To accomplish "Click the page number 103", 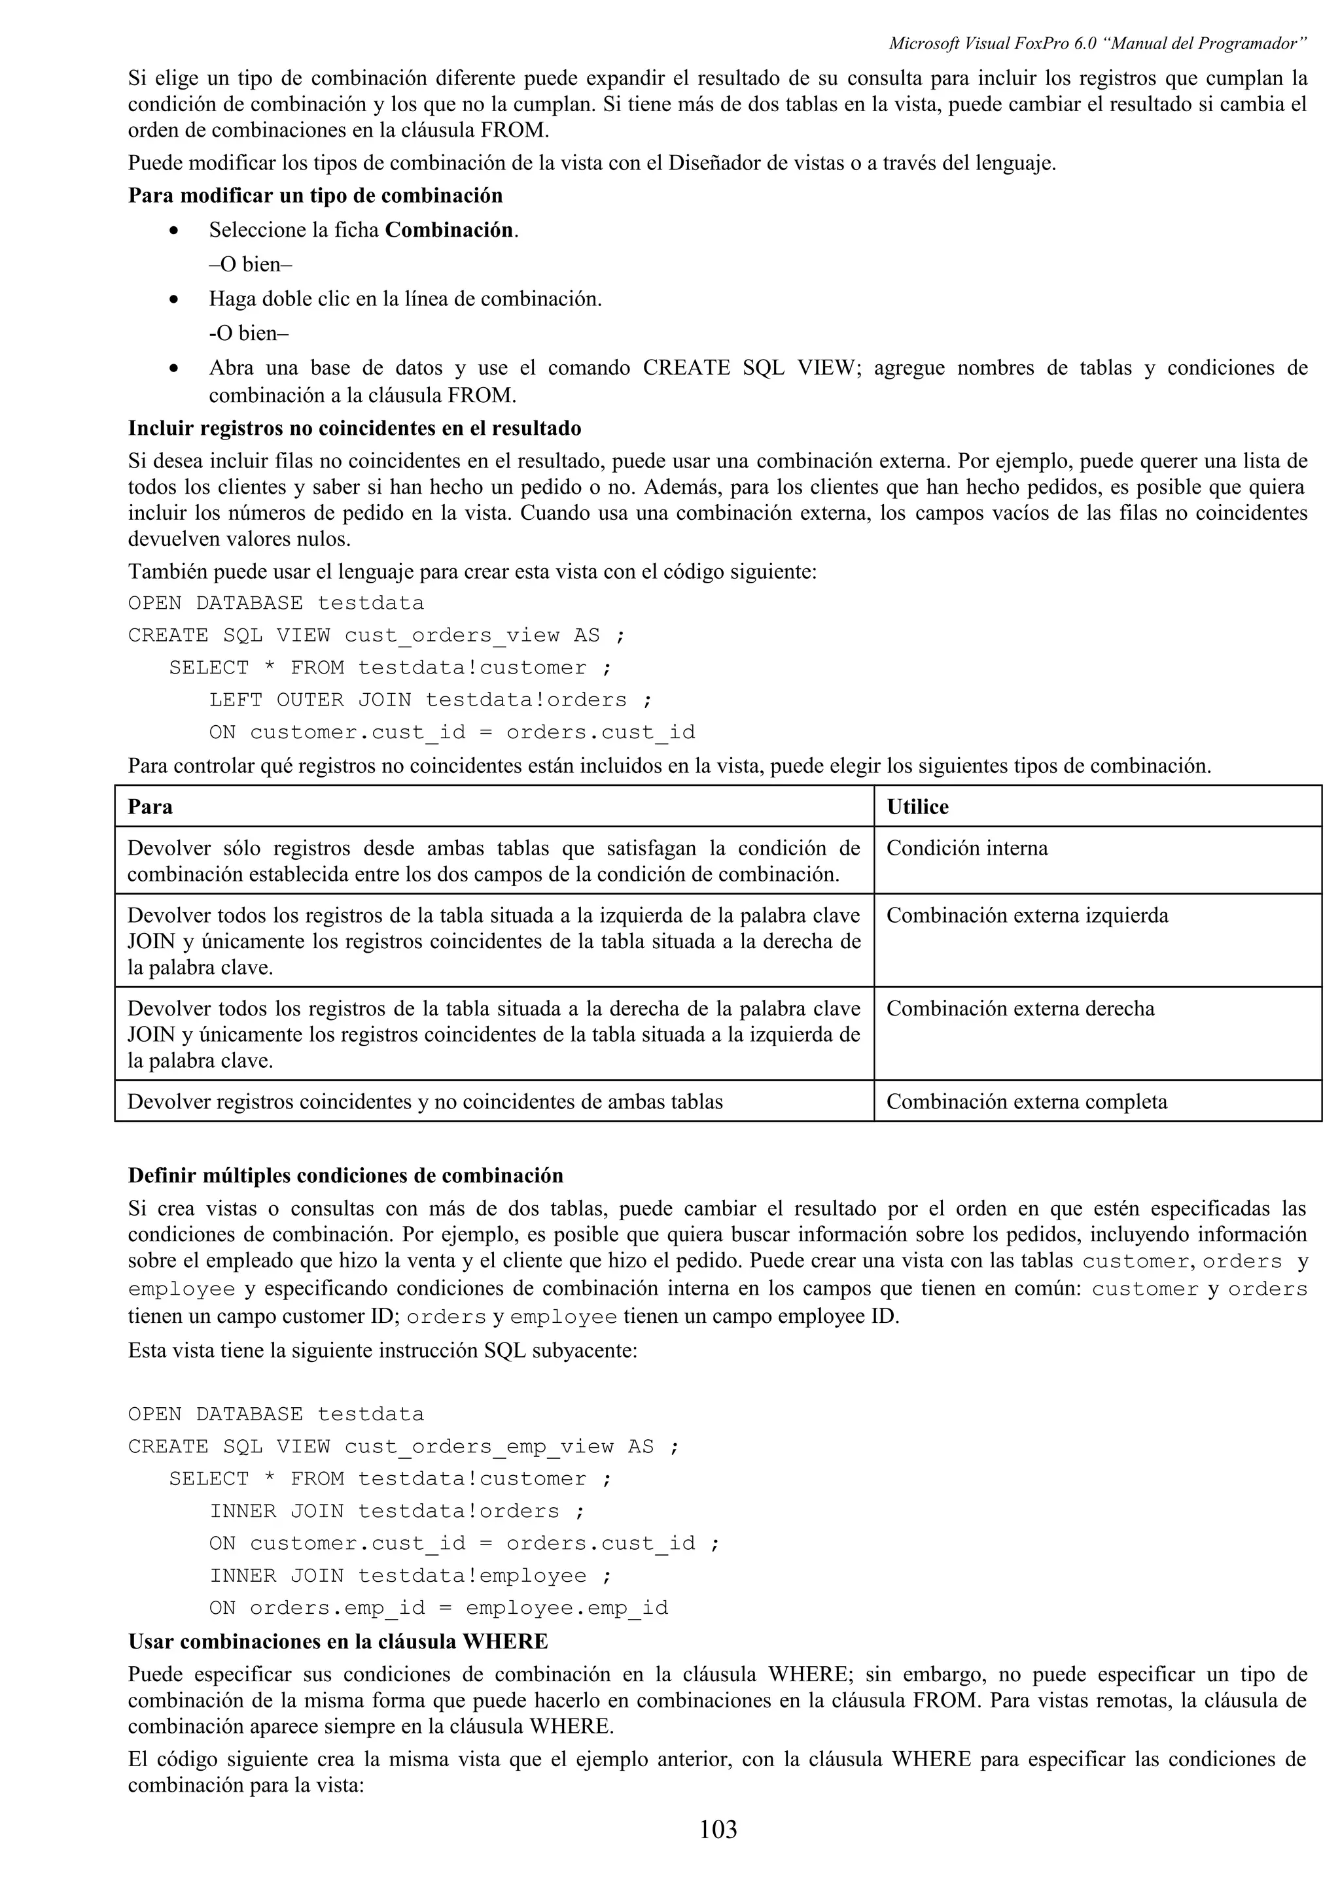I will click(x=718, y=1829).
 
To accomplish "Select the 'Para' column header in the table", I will click(x=150, y=806).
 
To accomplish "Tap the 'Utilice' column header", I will click(x=917, y=806).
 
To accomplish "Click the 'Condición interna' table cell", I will click(x=967, y=849).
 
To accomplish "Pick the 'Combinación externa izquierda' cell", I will click(x=1027, y=915).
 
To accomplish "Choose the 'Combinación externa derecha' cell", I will click(x=1021, y=1008).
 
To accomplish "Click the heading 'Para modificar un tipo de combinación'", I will click(x=315, y=196).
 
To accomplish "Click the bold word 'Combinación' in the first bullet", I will click(x=449, y=230).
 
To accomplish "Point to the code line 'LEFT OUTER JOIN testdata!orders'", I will click(x=430, y=700).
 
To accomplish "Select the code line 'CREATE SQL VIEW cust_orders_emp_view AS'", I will click(x=404, y=1447).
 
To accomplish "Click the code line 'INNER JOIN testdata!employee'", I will click(x=410, y=1576).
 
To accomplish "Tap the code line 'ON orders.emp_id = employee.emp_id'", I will click(x=438, y=1608).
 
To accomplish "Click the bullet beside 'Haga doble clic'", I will click(x=173, y=299).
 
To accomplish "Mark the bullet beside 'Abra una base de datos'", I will click(x=173, y=369).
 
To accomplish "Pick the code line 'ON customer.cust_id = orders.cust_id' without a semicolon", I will click(x=451, y=732).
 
